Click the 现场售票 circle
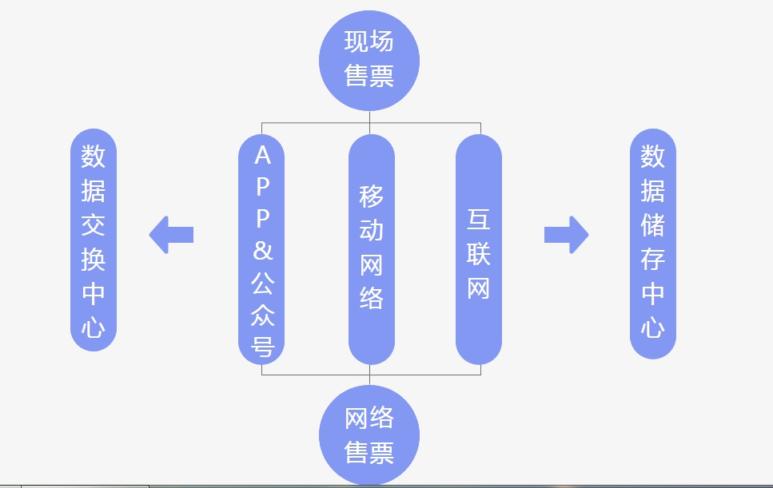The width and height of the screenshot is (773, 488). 369,59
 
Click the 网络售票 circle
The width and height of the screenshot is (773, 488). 369,435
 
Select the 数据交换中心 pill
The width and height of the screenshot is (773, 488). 94,240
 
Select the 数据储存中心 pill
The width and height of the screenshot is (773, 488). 653,244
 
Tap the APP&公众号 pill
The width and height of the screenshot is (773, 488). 262,250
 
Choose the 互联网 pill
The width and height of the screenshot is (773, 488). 479,250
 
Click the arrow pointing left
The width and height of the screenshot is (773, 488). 172,235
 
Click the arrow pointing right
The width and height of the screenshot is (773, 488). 566,235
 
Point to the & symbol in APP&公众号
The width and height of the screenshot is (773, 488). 262,251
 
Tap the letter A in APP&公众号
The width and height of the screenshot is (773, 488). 262,156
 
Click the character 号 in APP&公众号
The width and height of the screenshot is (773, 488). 262,346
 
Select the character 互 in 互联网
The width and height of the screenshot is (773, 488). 479,220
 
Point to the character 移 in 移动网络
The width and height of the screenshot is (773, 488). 372,196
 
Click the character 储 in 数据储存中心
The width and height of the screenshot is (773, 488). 653,225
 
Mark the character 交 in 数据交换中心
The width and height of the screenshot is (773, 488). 94,225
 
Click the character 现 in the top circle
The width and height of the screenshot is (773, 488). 357,42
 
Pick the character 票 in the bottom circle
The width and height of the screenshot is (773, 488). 382,453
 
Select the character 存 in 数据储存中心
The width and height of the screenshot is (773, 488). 653,260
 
